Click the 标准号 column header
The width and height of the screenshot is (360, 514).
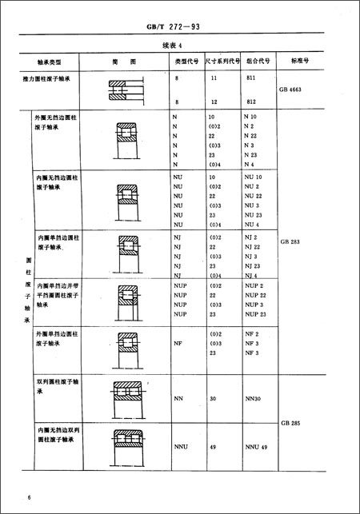pos(302,60)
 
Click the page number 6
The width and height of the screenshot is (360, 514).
pos(29,498)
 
